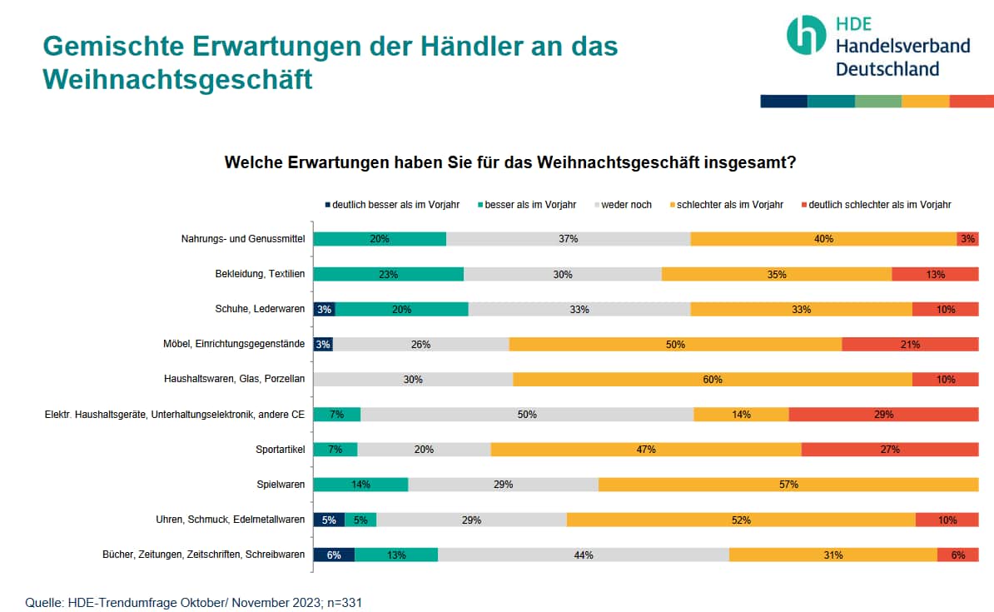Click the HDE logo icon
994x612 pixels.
pyautogui.click(x=806, y=35)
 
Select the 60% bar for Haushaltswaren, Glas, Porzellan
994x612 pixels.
pyautogui.click(x=712, y=379)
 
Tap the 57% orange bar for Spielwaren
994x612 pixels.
pyautogui.click(x=788, y=484)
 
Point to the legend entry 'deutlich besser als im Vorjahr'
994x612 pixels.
pyautogui.click(x=391, y=204)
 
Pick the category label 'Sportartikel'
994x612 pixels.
pyautogui.click(x=281, y=450)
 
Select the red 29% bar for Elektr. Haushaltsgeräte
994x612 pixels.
pyautogui.click(x=883, y=414)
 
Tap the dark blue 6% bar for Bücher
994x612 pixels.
pyautogui.click(x=334, y=555)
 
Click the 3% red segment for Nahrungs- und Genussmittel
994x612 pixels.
pyautogui.click(x=967, y=239)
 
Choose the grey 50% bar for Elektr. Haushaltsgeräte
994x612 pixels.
pyautogui.click(x=527, y=414)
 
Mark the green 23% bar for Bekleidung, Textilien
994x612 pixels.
pyautogui.click(x=388, y=274)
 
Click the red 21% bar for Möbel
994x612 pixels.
pyautogui.click(x=910, y=344)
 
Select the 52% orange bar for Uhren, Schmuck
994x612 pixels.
pyautogui.click(x=741, y=520)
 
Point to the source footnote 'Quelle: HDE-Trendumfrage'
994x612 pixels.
pyautogui.click(x=193, y=602)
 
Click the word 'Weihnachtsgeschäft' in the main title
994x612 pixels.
pyautogui.click(x=177, y=79)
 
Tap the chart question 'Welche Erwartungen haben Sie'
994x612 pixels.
pyautogui.click(x=510, y=162)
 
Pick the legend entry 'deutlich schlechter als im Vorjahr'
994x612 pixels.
pyautogui.click(x=875, y=204)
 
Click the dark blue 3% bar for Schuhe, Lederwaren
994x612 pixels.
pyautogui.click(x=324, y=309)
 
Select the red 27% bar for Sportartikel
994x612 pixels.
pyautogui.click(x=890, y=450)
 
